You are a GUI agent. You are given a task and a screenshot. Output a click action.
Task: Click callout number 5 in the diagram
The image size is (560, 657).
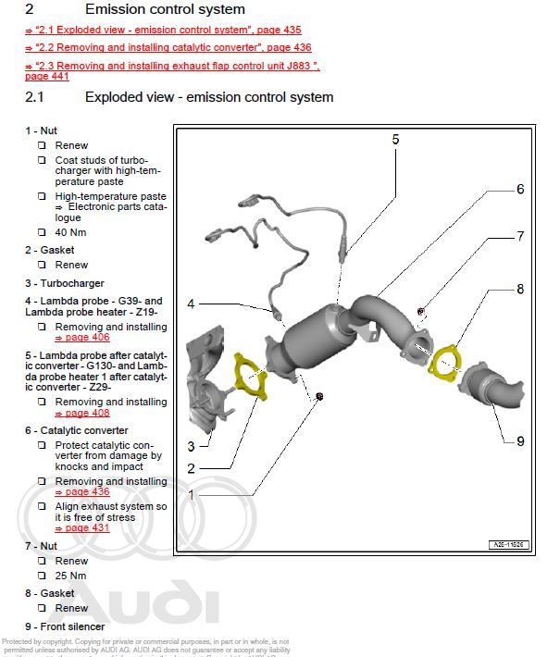[x=395, y=140]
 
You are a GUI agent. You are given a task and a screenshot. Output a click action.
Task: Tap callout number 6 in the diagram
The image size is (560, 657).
[x=520, y=189]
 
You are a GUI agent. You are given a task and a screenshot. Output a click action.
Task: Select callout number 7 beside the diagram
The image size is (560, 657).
[x=520, y=237]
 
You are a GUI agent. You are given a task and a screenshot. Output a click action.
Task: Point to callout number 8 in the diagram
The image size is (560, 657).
[x=520, y=290]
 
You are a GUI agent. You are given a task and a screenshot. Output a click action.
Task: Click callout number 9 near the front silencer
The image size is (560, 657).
[x=520, y=441]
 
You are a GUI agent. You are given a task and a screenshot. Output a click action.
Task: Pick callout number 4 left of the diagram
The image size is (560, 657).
[x=191, y=304]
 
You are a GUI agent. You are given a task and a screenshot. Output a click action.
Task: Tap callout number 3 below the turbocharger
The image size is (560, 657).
[x=191, y=447]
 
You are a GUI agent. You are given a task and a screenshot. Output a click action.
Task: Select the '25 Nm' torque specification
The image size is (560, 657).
[x=71, y=576]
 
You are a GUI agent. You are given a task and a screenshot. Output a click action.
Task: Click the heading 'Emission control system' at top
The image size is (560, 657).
[x=165, y=9]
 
